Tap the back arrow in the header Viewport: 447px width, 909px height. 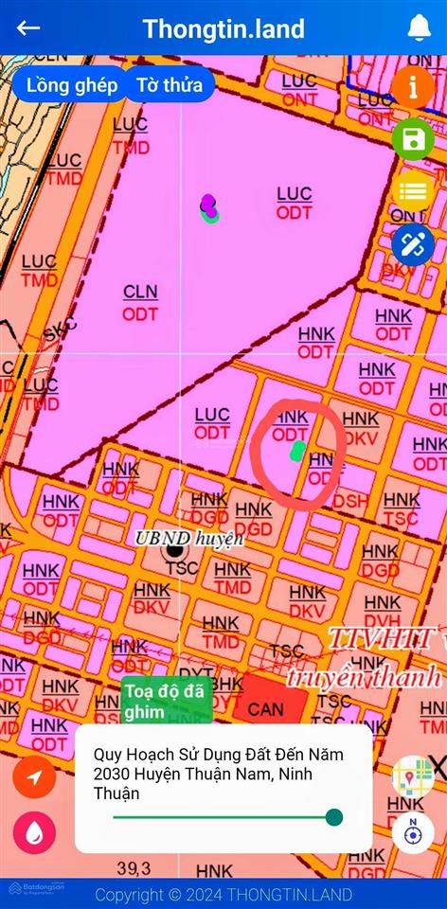coord(28,27)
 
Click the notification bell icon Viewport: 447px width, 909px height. coord(419,28)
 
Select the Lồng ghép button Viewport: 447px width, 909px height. coord(72,85)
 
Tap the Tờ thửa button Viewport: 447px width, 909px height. coord(170,85)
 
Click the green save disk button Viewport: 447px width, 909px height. coord(413,139)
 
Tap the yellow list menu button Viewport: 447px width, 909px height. coord(413,191)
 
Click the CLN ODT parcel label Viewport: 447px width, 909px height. coord(140,302)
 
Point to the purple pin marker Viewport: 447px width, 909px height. coord(207,203)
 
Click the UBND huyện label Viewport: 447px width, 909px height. coord(189,538)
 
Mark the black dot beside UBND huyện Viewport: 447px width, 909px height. coord(174,549)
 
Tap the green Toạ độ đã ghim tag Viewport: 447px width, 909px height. coord(164,701)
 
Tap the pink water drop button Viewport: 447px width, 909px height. coord(34,833)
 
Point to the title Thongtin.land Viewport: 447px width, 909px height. coord(223,28)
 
